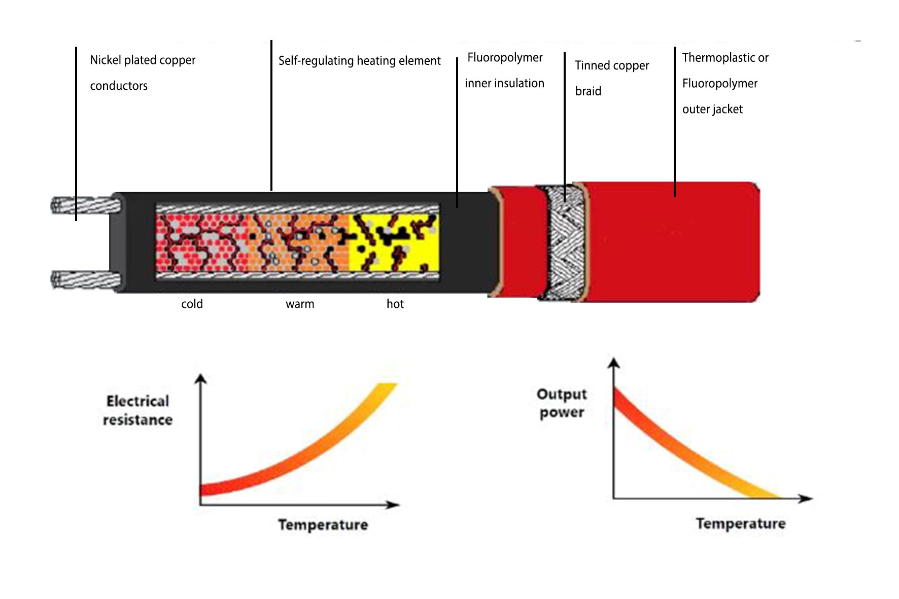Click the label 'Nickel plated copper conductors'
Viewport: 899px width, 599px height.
(x=143, y=73)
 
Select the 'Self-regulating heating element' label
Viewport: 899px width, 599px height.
(x=359, y=61)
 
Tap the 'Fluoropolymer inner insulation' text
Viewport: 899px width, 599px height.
(x=505, y=70)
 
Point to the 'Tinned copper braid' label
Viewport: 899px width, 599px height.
(x=612, y=78)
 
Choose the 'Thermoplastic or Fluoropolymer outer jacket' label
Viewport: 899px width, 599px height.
(x=725, y=83)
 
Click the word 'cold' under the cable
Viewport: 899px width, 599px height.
(x=192, y=304)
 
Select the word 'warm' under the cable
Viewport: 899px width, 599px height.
(x=300, y=304)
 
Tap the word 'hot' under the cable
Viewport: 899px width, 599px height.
(x=395, y=304)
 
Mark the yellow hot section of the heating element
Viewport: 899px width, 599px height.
(x=394, y=243)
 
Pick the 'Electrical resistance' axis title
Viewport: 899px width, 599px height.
(x=137, y=410)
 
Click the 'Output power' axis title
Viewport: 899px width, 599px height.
(x=562, y=403)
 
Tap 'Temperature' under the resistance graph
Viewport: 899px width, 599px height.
(x=323, y=524)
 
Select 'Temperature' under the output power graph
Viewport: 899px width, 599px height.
(x=741, y=523)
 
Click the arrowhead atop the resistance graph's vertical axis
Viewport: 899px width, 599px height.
(x=201, y=378)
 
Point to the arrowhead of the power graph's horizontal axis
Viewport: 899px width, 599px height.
(x=806, y=499)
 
